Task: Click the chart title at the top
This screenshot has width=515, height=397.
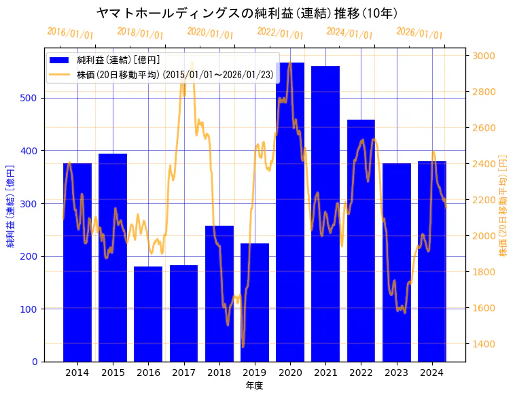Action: (247, 13)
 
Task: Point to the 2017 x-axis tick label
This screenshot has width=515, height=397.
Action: (183, 373)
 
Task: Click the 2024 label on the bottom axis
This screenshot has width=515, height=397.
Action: (432, 373)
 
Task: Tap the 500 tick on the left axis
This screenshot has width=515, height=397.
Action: (32, 98)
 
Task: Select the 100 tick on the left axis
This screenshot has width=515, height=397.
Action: (32, 309)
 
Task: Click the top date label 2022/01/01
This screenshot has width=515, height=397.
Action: (280, 33)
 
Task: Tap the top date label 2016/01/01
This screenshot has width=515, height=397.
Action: (70, 33)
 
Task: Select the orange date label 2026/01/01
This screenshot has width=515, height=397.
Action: (419, 33)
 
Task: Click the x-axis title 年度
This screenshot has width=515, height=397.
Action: (254, 385)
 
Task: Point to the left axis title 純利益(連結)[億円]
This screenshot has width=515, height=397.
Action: (11, 205)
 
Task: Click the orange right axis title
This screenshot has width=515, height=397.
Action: (503, 205)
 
